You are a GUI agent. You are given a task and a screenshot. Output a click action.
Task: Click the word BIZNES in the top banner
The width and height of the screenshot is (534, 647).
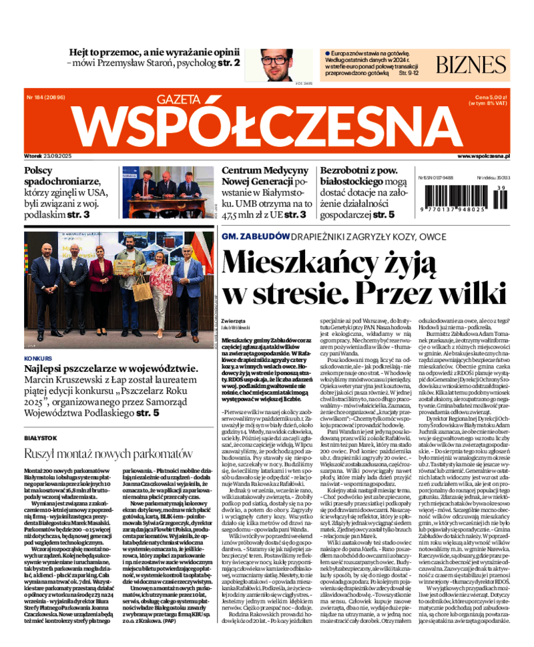[471, 64]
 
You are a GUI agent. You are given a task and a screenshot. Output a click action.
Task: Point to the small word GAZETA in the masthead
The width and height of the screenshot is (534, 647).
[180, 100]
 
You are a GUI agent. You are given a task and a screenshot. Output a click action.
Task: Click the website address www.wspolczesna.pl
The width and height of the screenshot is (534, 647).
[483, 156]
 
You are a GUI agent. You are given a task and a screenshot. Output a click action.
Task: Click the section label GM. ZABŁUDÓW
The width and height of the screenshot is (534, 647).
[255, 236]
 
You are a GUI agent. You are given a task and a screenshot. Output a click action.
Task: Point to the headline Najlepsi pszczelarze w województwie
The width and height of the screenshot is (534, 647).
[111, 369]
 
